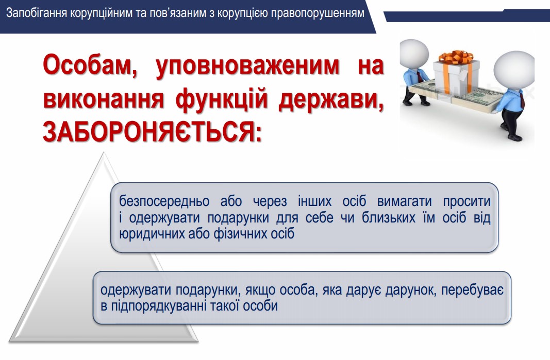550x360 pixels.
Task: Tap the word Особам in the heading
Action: [x=90, y=65]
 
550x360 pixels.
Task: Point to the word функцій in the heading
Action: [x=221, y=100]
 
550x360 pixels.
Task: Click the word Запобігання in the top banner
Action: [x=37, y=13]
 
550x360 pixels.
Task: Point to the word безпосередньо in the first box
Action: [x=164, y=201]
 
